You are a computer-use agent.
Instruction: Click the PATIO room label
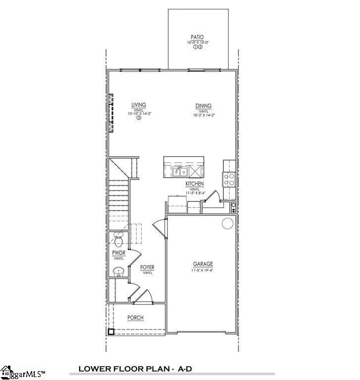pos(197,37)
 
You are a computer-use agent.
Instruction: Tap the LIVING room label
pos(139,105)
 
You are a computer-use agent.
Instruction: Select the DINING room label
pos(203,105)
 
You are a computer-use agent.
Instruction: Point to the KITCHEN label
pos(195,184)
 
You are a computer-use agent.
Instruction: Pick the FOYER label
pos(147,267)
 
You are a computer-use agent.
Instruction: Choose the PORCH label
pos(135,318)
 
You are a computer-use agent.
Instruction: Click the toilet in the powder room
pos(118,241)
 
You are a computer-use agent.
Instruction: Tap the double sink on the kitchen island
pos(179,172)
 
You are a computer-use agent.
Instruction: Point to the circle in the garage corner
pos(227,224)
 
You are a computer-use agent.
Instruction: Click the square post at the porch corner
pos(112,332)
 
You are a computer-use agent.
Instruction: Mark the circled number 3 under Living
pos(139,118)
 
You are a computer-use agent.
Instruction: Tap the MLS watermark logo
pos(22,372)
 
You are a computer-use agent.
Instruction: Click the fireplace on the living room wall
pos(111,113)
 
